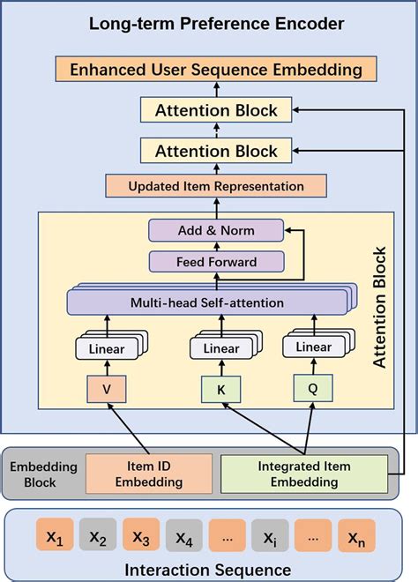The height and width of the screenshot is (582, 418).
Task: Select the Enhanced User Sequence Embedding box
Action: click(216, 68)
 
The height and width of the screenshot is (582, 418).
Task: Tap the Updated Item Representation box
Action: click(216, 186)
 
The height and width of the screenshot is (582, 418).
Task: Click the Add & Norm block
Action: click(216, 230)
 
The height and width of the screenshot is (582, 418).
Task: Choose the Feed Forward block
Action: click(216, 261)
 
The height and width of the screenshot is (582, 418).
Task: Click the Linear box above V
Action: click(106, 349)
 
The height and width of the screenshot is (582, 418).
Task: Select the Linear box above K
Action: click(220, 349)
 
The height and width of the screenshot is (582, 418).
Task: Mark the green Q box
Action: click(310, 385)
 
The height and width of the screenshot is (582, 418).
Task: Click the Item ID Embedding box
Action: click(148, 474)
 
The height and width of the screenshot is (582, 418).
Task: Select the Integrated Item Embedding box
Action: click(303, 474)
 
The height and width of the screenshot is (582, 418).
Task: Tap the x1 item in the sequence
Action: click(55, 535)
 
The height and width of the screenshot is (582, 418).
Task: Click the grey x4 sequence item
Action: click(183, 535)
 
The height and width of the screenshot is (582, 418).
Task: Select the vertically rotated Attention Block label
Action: click(381, 309)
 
